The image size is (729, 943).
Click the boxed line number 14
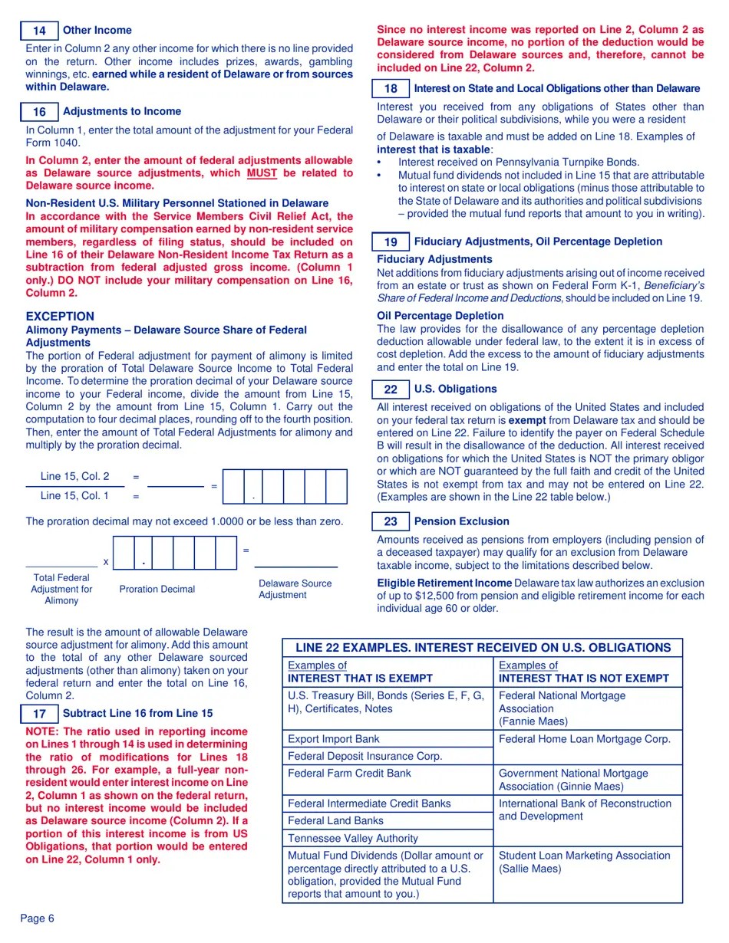(x=39, y=31)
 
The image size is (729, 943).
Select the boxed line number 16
(x=39, y=112)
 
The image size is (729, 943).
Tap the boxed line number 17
(x=39, y=714)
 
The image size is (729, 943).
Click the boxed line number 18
(x=391, y=89)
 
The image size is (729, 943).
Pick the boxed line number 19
(x=391, y=242)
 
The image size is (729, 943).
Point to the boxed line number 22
(x=391, y=389)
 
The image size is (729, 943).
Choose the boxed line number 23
(x=391, y=522)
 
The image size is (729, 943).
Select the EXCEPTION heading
(x=60, y=317)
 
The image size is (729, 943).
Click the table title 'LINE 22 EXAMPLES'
(x=483, y=648)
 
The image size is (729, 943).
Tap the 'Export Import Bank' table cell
(x=333, y=739)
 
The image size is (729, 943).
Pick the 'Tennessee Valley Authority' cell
(x=353, y=838)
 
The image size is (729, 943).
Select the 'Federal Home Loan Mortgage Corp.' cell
(x=585, y=739)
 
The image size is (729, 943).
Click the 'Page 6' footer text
(x=38, y=918)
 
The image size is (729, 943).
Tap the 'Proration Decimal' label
(x=157, y=590)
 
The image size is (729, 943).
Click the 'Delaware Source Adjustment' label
(x=295, y=589)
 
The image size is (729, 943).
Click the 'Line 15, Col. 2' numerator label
(x=74, y=476)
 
